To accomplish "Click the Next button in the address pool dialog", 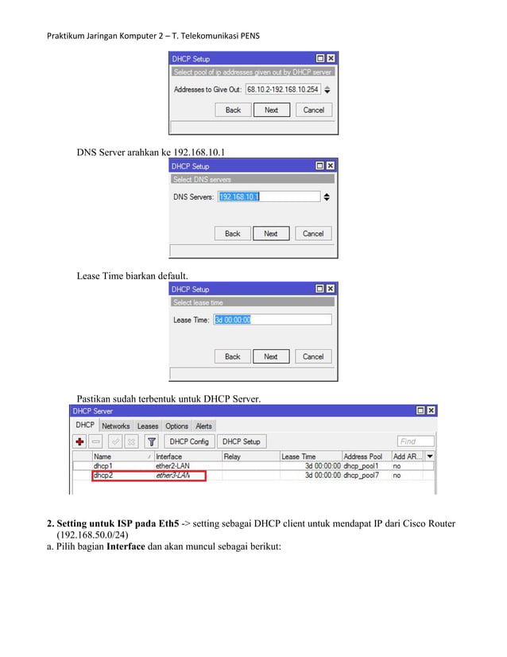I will coord(272,110).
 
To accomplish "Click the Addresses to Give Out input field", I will coord(282,89).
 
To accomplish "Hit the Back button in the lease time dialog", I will coord(233,356).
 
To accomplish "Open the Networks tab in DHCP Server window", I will coord(115,426).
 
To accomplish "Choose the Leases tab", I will coord(148,426).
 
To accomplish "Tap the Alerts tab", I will coord(204,426).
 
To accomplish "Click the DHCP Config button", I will coord(189,441).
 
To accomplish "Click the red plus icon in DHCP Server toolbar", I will coord(80,441).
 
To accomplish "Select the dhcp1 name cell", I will coord(103,466).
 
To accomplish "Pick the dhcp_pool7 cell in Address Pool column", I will coord(362,476).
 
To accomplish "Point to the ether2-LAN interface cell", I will coord(173,466).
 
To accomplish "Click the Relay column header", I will coord(232,457).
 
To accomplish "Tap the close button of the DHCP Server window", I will coord(431,411).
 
